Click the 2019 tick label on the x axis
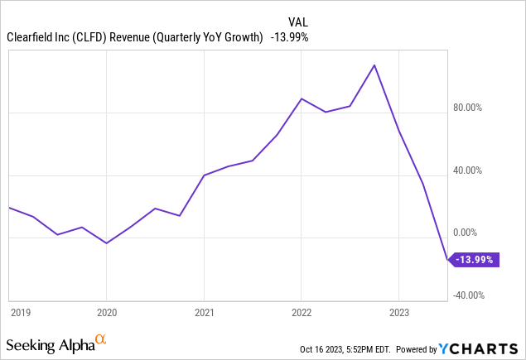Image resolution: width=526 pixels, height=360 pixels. coord(20,313)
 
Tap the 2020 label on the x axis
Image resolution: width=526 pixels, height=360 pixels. coord(106,313)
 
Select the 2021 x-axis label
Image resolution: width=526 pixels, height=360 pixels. coord(204,313)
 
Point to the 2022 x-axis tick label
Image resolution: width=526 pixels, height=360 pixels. coord(302,313)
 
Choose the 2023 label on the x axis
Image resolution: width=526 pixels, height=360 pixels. coord(398,313)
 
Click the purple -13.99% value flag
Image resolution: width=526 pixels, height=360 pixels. coord(475,260)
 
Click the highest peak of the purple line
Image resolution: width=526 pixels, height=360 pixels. coord(374,65)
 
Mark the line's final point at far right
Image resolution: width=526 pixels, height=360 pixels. coord(447,260)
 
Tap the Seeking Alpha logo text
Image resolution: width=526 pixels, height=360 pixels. coord(50,343)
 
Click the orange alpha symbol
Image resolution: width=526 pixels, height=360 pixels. coord(101,339)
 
